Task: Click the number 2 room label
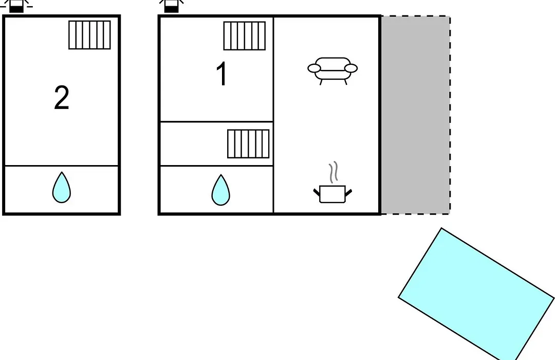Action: pos(62,97)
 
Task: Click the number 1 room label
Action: pos(222,74)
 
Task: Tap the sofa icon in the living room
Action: pos(332,71)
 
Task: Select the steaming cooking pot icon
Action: pos(332,183)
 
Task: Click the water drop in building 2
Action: pos(62,188)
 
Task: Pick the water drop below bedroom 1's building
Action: pos(221,190)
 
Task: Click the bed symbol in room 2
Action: pos(89,35)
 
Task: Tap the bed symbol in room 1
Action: pos(245,36)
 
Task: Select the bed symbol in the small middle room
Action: pos(248,144)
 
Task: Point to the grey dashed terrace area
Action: pos(416,115)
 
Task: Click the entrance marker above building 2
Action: pos(16,6)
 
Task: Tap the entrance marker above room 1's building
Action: pos(171,6)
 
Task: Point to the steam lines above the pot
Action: pos(333,172)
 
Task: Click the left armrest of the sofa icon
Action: pos(314,68)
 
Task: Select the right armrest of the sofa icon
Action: pos(351,68)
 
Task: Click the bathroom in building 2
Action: pos(62,189)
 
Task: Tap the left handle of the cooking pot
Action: pos(317,193)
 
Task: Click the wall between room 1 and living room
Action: pos(273,69)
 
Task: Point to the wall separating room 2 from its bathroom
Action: pos(62,166)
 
